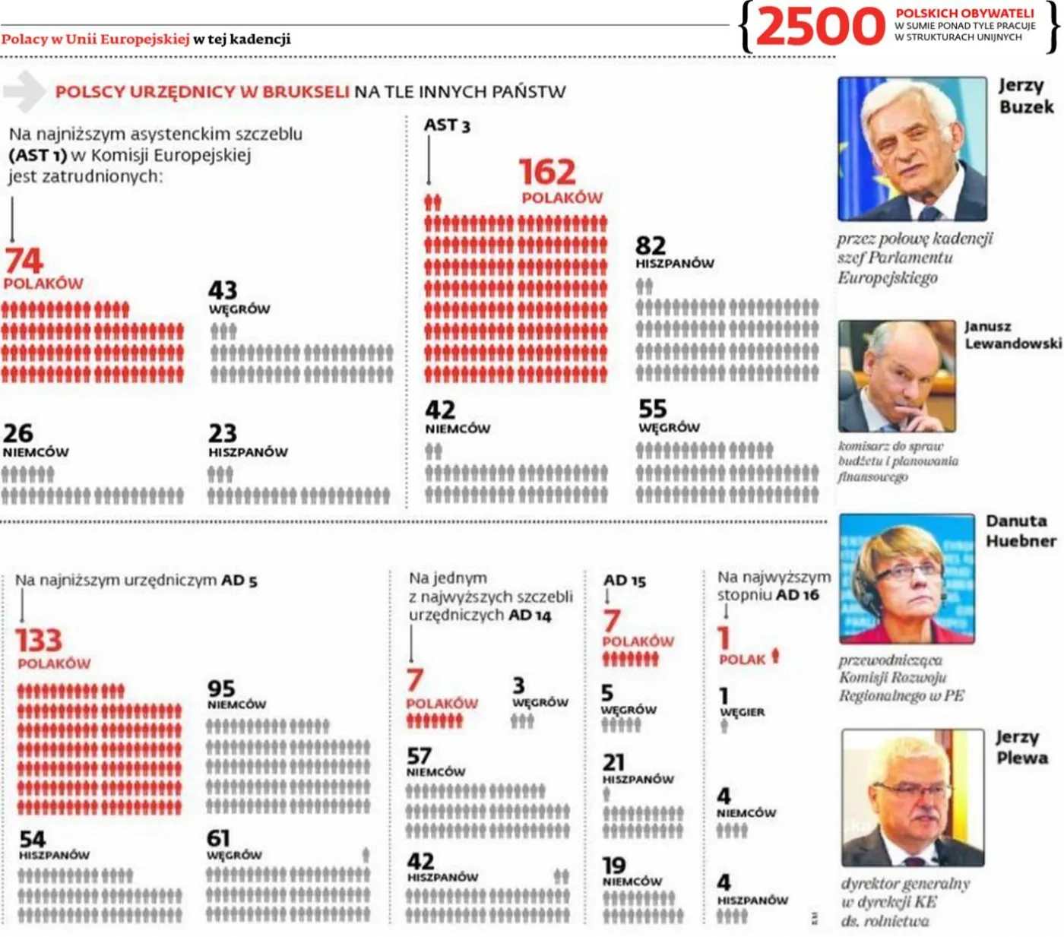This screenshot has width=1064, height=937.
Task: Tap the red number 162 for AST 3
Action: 547,173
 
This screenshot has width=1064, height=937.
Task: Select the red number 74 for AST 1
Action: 24,261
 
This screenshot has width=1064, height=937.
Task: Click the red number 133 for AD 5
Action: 39,640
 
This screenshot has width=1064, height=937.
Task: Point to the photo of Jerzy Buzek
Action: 912,149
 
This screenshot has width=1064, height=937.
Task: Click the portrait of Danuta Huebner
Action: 907,578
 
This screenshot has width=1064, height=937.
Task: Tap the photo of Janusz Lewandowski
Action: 897,376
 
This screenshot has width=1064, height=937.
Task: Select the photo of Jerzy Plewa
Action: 913,797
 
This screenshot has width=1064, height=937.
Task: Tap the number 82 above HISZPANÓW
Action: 651,245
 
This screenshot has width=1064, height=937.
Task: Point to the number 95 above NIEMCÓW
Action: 221,689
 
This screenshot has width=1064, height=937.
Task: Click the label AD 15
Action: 625,581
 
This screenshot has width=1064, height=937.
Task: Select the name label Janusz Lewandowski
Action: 1012,335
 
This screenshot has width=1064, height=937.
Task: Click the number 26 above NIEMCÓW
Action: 18,433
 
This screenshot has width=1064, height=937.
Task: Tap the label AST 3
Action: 447,125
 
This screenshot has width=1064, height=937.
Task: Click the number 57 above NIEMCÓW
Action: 419,756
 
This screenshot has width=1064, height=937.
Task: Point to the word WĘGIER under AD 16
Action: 742,712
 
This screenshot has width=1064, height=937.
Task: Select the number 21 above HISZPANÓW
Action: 613,761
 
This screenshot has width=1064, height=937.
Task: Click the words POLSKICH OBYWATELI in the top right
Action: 964,13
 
